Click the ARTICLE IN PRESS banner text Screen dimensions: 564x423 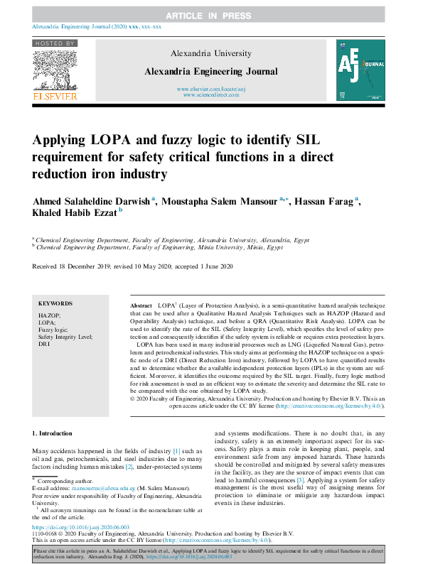pyautogui.click(x=211, y=15)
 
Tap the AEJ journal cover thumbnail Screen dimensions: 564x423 pyautogui.click(x=363, y=70)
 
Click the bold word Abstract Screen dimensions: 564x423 pyautogui.click(x=141, y=303)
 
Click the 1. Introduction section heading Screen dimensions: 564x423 pyautogui.click(x=53, y=433)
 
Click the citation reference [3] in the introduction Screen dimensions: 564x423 pyautogui.click(x=300, y=481)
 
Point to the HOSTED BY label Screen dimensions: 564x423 pyautogui.click(x=55, y=43)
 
